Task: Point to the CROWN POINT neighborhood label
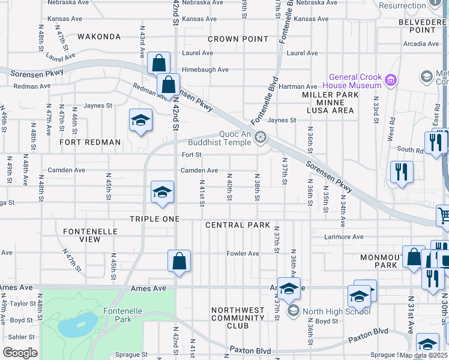(x=238, y=39)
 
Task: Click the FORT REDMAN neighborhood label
(x=90, y=142)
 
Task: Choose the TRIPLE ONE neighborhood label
(x=155, y=219)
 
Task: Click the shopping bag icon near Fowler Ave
(x=179, y=261)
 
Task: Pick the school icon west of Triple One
(x=161, y=192)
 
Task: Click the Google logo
(x=20, y=353)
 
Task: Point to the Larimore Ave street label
(x=343, y=237)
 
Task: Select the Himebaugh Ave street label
(x=205, y=70)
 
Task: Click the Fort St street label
(x=191, y=155)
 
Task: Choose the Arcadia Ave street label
(x=421, y=44)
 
